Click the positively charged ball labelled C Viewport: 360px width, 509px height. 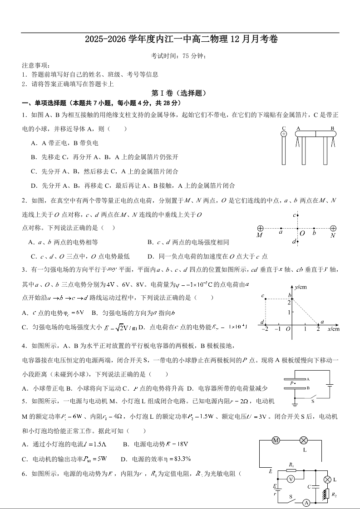pos(284,134)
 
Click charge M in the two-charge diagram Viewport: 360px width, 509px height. pos(260,228)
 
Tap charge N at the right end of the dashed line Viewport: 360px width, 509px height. pos(333,228)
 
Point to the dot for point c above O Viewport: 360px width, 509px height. pos(297,215)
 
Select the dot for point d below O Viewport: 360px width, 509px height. pos(297,241)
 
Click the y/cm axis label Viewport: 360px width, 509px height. pos(301,287)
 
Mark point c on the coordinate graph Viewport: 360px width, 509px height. pos(266,299)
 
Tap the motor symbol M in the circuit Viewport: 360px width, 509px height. pos(276,440)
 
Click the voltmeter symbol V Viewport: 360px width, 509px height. pos(291,479)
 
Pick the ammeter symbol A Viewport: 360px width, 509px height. pos(306,502)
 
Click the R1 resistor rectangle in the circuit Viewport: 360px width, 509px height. pos(291,470)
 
